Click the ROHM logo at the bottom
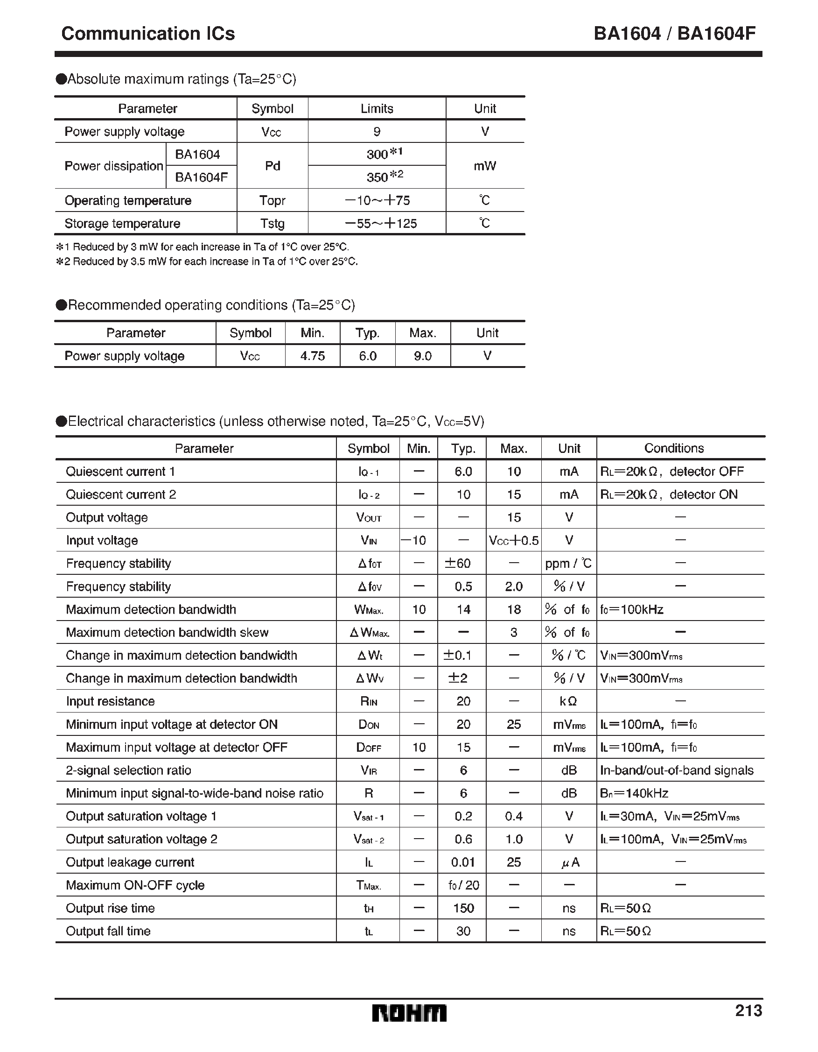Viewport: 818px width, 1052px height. point(409,1013)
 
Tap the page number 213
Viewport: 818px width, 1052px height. point(748,1010)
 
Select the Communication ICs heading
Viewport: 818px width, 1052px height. point(148,34)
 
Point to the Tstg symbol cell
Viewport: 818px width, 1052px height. point(272,224)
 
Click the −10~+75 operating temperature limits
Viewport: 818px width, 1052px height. point(377,200)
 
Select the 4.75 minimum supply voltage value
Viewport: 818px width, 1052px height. point(313,356)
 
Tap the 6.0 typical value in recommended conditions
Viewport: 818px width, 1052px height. point(367,356)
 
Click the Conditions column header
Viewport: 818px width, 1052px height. point(673,448)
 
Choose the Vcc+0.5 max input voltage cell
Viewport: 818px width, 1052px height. point(513,540)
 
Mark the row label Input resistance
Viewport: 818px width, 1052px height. point(110,701)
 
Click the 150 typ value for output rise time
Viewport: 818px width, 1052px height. point(463,909)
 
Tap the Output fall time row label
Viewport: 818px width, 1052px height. point(108,931)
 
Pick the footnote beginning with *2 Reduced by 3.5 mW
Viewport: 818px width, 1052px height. point(207,261)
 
